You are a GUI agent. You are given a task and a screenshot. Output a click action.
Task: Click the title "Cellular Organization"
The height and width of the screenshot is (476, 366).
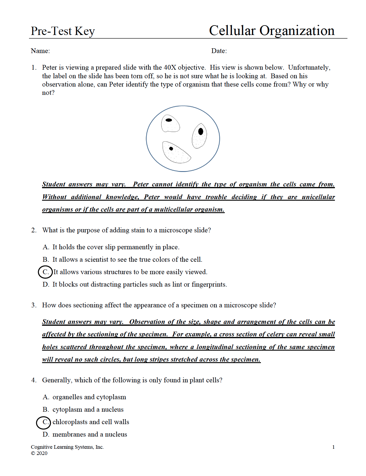click(x=272, y=31)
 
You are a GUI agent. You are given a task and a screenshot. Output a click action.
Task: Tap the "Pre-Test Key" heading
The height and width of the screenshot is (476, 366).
click(x=63, y=31)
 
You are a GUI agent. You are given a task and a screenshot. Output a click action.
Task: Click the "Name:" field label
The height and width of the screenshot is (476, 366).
click(x=40, y=51)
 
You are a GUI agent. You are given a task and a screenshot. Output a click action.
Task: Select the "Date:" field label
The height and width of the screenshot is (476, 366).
click(x=219, y=51)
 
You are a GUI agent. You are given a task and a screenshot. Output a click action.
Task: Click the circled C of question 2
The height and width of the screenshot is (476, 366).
click(x=45, y=272)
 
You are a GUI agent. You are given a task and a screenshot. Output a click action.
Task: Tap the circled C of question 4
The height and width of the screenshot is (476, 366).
click(x=44, y=422)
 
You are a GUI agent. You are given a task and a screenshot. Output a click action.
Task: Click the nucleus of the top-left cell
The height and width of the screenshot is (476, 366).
click(x=168, y=120)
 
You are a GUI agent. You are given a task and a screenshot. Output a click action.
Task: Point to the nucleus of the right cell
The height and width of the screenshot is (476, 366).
click(x=201, y=131)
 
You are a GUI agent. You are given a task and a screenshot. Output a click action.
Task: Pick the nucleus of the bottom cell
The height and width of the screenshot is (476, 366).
click(x=171, y=148)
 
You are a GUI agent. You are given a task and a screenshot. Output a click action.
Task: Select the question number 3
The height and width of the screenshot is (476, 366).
click(x=34, y=305)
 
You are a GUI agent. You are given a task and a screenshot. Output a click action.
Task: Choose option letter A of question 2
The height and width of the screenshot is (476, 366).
click(x=46, y=247)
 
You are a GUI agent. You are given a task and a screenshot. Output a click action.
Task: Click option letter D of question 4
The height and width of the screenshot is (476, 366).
click(x=46, y=435)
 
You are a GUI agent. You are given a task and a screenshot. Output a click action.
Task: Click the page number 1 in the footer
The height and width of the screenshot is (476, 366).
click(x=333, y=447)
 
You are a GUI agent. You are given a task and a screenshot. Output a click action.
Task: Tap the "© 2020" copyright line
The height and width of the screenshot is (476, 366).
click(x=39, y=453)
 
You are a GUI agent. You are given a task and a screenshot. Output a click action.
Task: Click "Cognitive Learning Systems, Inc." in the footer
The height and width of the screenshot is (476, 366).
click(x=67, y=447)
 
